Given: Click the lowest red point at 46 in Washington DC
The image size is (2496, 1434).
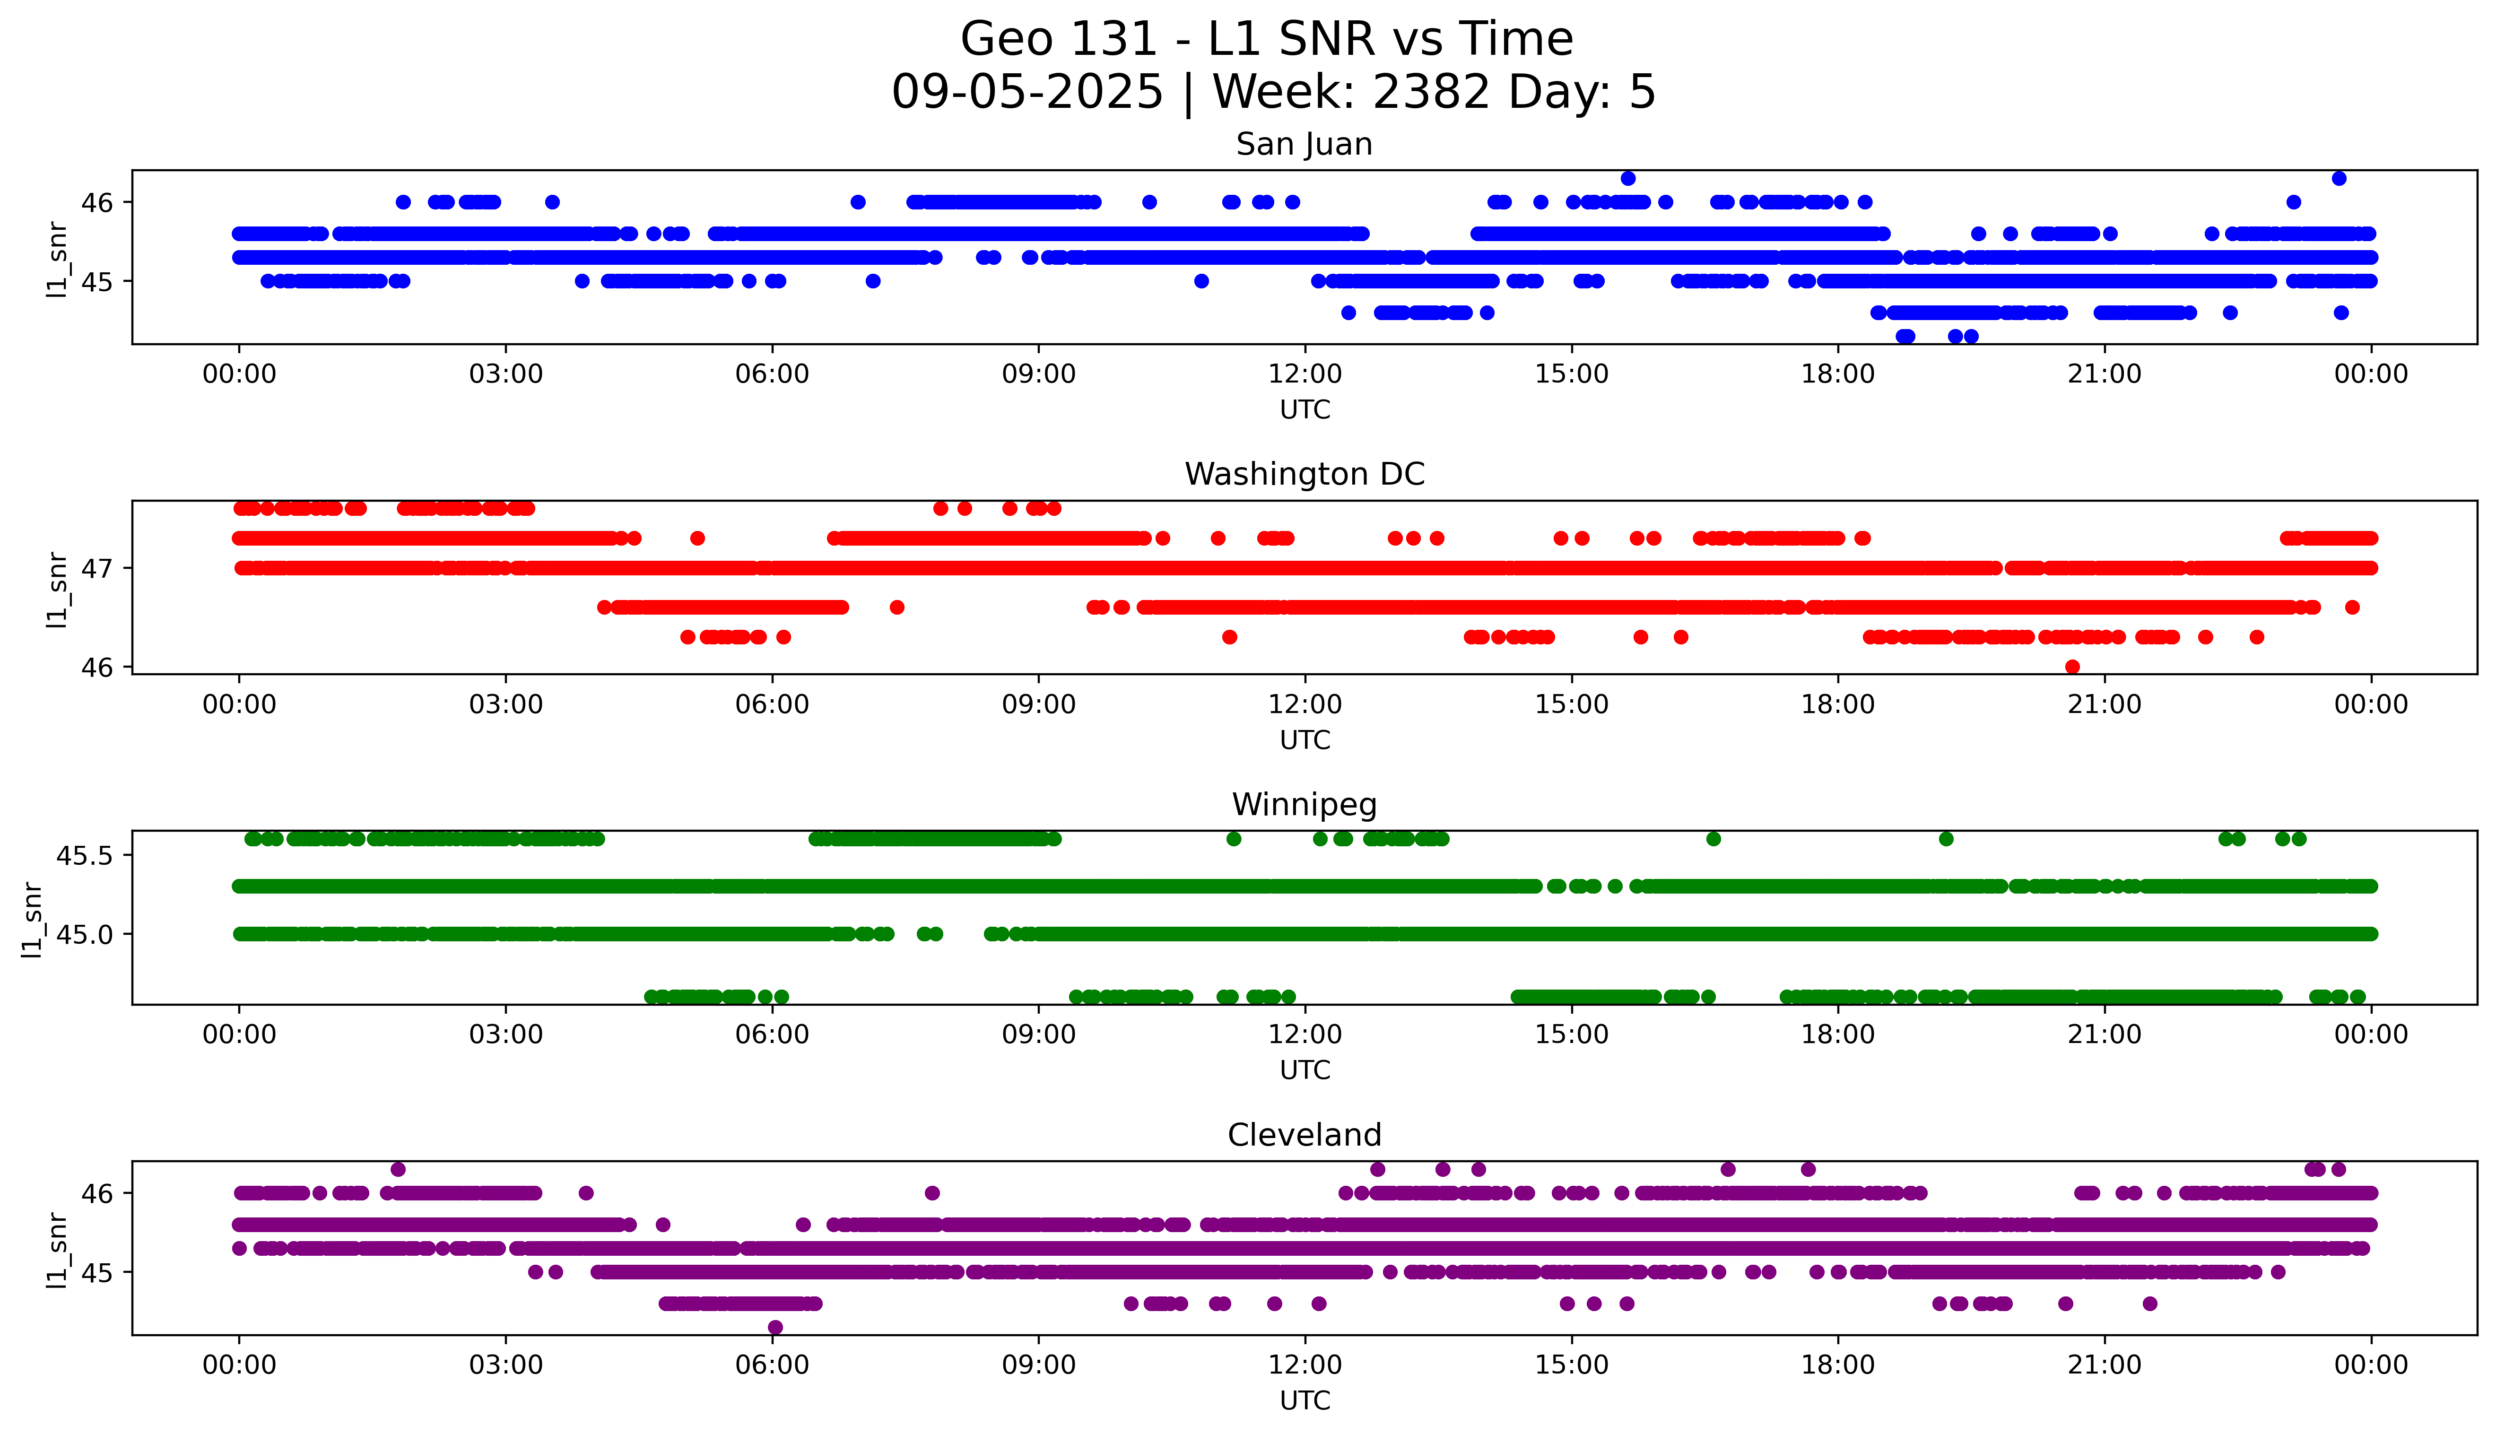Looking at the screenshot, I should (x=2071, y=667).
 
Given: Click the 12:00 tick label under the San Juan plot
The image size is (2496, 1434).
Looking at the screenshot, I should (x=1305, y=374).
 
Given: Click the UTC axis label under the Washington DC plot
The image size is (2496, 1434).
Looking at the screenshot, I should (x=1305, y=739).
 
